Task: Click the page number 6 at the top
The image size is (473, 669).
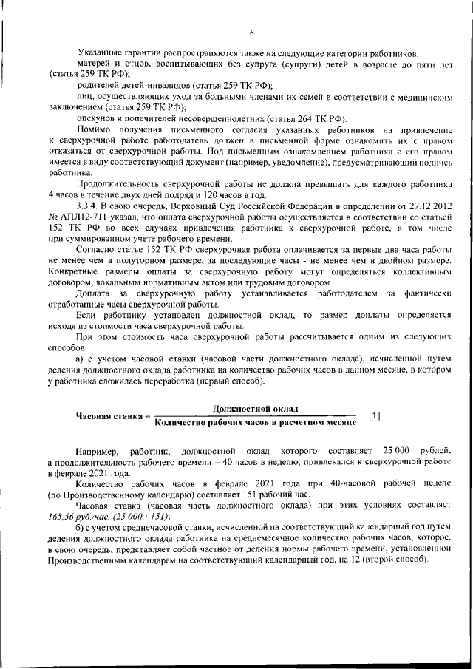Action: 252,33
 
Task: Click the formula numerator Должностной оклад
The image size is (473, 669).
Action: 255,408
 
